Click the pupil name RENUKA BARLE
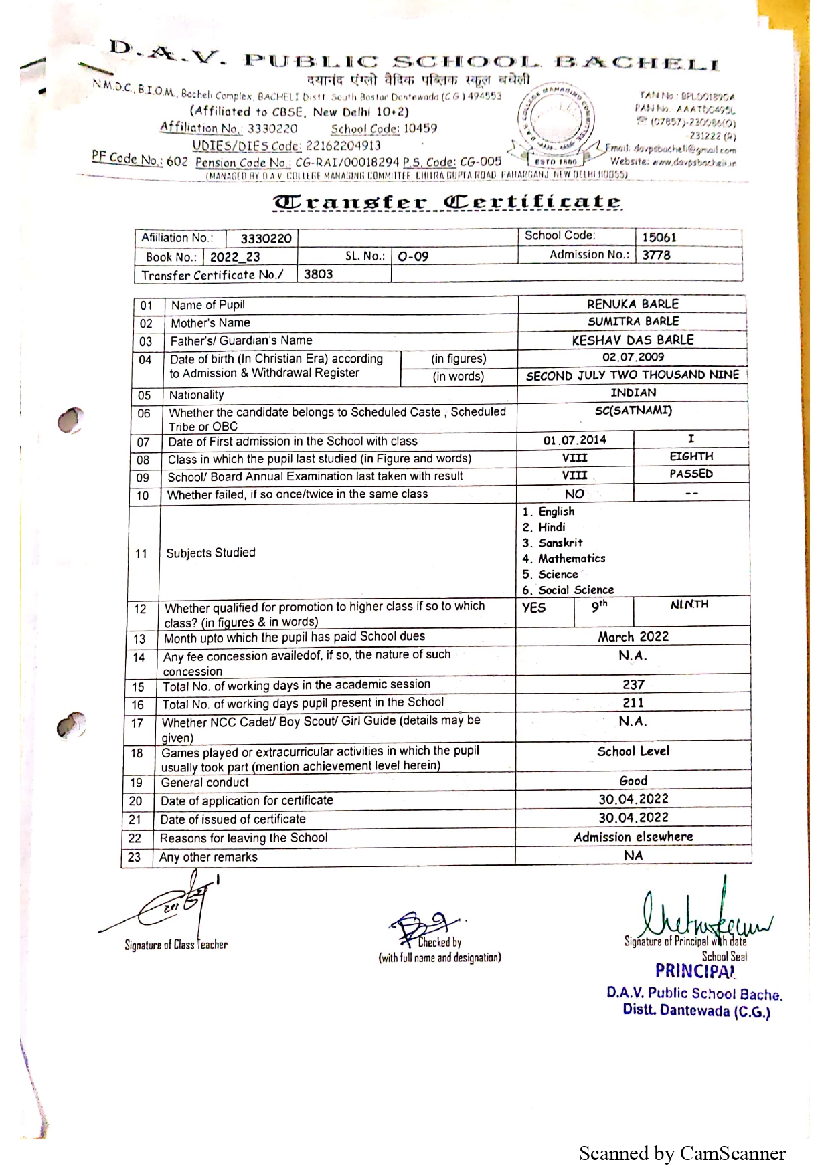[x=633, y=304]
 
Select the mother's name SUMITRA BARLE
[x=633, y=322]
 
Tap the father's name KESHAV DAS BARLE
[x=633, y=340]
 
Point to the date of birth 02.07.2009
[x=633, y=357]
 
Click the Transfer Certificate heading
[x=447, y=202]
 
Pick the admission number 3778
[x=656, y=255]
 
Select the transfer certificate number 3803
[x=318, y=274]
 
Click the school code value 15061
[x=659, y=237]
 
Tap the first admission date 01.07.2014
[x=574, y=440]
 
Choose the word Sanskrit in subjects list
[x=560, y=543]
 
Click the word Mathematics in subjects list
[x=572, y=559]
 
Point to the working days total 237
[x=633, y=684]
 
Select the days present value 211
[x=633, y=702]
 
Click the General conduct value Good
[x=633, y=781]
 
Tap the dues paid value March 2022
[x=633, y=637]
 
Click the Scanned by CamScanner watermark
[x=682, y=1153]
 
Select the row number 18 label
[x=137, y=753]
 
